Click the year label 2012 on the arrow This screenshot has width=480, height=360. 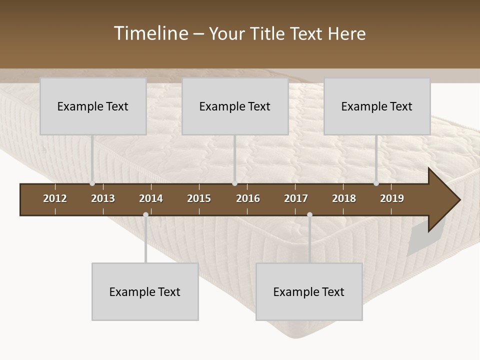(55, 198)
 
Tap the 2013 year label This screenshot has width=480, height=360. (103, 198)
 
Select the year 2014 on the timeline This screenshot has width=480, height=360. (151, 198)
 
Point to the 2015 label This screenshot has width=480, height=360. (199, 198)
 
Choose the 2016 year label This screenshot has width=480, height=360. (248, 198)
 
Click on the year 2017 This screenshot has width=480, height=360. (296, 198)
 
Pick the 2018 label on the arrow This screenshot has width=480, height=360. (344, 198)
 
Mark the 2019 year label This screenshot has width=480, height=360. (392, 198)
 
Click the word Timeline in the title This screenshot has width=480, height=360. (150, 33)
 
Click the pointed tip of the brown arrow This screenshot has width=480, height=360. (458, 200)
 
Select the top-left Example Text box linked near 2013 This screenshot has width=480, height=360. (93, 106)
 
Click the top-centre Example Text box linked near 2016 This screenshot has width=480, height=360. (235, 106)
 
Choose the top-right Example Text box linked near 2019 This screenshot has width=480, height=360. (377, 106)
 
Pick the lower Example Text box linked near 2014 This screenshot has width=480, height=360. (145, 291)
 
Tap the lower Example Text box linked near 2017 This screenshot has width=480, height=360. (309, 291)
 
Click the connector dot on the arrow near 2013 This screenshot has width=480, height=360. (92, 183)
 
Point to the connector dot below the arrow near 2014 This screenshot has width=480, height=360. (145, 215)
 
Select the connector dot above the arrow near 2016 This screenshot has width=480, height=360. (234, 183)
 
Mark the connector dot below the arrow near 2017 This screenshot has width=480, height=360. (309, 215)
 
